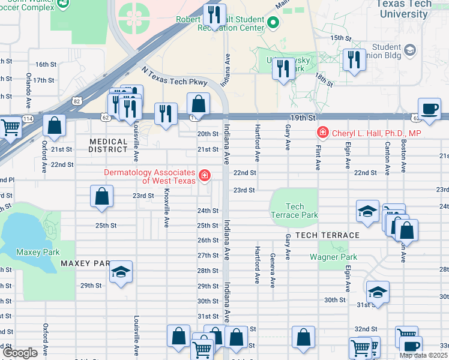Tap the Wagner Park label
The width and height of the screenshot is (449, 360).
coord(333,257)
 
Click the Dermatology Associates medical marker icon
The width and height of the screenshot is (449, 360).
coord(205,175)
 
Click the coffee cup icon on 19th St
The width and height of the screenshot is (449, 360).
coord(429,109)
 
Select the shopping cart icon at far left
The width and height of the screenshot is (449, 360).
coord(10,126)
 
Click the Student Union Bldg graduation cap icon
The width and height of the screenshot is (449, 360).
coord(411,49)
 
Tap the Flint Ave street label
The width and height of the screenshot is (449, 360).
coord(318,155)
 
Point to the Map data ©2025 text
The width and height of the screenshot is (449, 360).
coord(424,355)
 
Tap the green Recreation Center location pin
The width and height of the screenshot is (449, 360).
coord(274,23)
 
